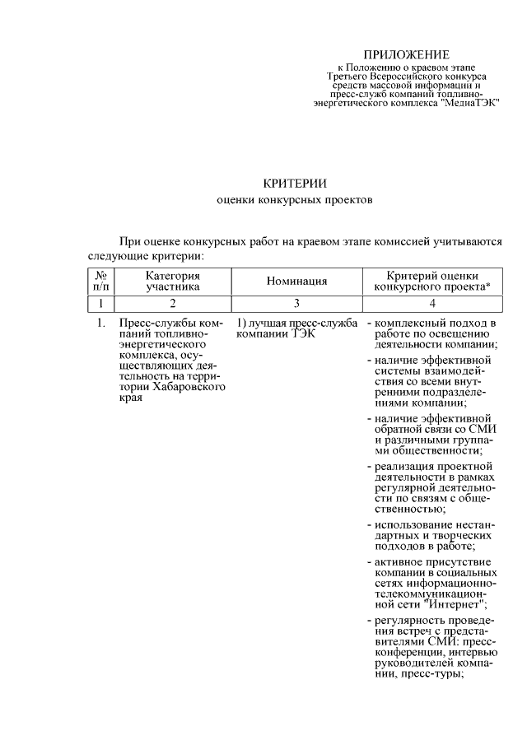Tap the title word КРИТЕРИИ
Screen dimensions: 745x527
[x=295, y=183]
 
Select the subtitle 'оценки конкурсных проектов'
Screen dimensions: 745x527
[x=295, y=200]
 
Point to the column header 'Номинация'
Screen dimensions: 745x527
[x=297, y=282]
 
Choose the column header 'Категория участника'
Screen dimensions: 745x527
[x=173, y=282]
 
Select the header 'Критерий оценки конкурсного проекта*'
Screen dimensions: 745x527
[x=432, y=282]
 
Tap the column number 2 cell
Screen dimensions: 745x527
[x=173, y=304]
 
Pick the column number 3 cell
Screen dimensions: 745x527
[x=297, y=304]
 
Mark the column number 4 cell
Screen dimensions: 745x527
[x=432, y=304]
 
